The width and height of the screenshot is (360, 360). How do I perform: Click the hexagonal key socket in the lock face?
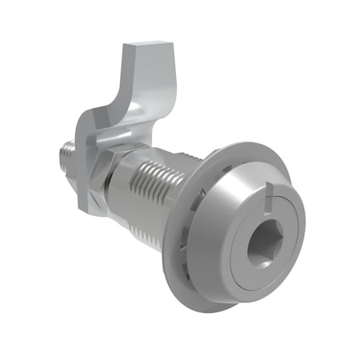(263, 248)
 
